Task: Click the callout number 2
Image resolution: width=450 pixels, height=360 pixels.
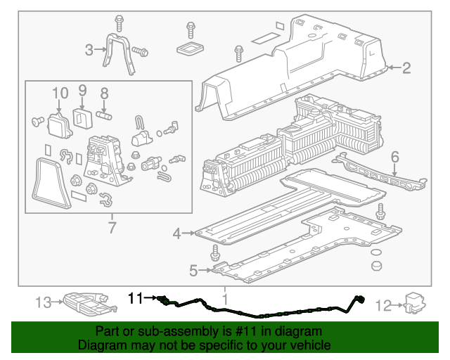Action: click(x=406, y=68)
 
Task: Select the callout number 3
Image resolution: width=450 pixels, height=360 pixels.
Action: click(x=89, y=49)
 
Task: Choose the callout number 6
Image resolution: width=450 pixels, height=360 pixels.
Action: click(x=395, y=157)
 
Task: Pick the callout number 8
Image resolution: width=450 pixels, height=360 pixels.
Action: click(x=104, y=92)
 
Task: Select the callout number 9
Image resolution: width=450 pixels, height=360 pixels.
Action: click(x=82, y=90)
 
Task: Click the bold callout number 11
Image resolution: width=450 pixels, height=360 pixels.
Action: click(x=135, y=298)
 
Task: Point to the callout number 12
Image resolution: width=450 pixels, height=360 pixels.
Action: click(x=383, y=305)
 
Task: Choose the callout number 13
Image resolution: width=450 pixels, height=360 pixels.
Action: click(x=44, y=302)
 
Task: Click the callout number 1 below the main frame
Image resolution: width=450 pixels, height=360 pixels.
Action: click(x=225, y=299)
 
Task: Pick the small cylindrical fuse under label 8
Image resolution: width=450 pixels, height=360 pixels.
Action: click(x=105, y=112)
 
